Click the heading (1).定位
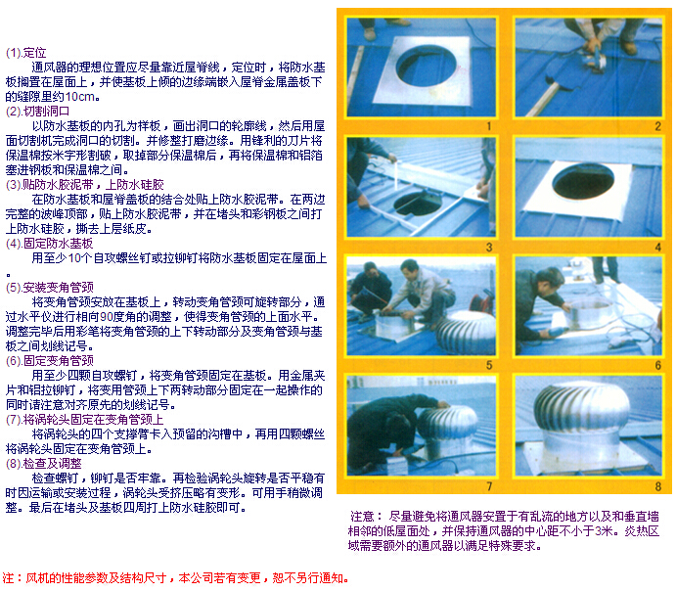(x=25, y=53)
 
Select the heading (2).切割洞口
(x=37, y=112)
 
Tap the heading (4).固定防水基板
(x=49, y=244)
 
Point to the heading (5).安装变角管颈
(x=49, y=288)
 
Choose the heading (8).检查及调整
(x=44, y=464)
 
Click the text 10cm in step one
(x=80, y=97)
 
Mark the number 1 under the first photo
(x=489, y=126)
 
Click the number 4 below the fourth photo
(x=657, y=247)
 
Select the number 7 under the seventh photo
(x=489, y=486)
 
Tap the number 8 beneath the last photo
(x=657, y=486)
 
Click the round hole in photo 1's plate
(x=426, y=66)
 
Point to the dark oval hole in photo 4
(x=583, y=181)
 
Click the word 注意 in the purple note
(x=362, y=516)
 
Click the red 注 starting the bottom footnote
(x=8, y=577)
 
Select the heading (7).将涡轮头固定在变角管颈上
(x=84, y=420)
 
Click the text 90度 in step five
(x=113, y=317)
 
